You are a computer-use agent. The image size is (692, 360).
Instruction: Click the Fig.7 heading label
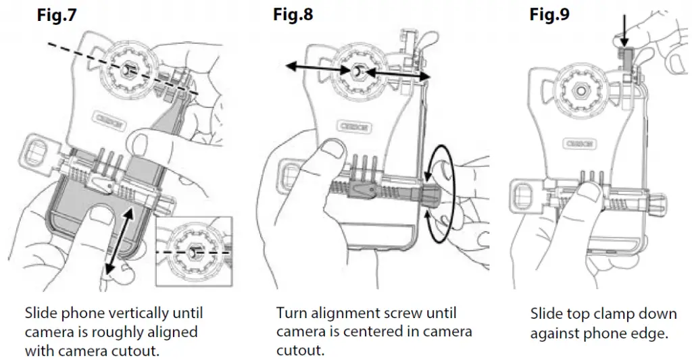click(57, 16)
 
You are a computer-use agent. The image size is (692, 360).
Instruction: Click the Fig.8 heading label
click(293, 14)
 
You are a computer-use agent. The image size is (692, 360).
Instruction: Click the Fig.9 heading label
click(549, 14)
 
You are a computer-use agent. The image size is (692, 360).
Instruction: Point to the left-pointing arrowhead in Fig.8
click(289, 66)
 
